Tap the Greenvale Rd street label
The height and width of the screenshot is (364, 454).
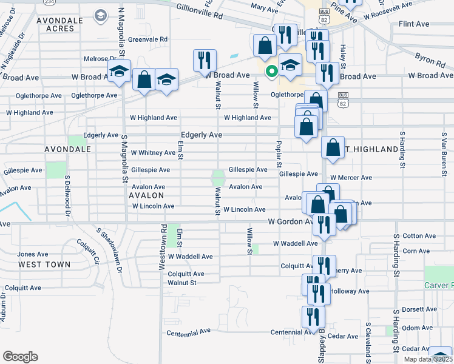(147, 39)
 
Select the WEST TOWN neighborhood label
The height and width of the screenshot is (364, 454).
(44, 265)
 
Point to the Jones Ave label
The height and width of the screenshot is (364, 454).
(33, 254)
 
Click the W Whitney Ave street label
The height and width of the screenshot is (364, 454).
(153, 153)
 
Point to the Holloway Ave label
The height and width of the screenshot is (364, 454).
(350, 291)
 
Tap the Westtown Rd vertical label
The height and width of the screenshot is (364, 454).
(163, 240)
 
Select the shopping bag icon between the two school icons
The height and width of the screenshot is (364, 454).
(144, 79)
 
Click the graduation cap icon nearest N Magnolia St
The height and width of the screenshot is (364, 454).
(119, 71)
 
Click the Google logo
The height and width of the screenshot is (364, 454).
(20, 357)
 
